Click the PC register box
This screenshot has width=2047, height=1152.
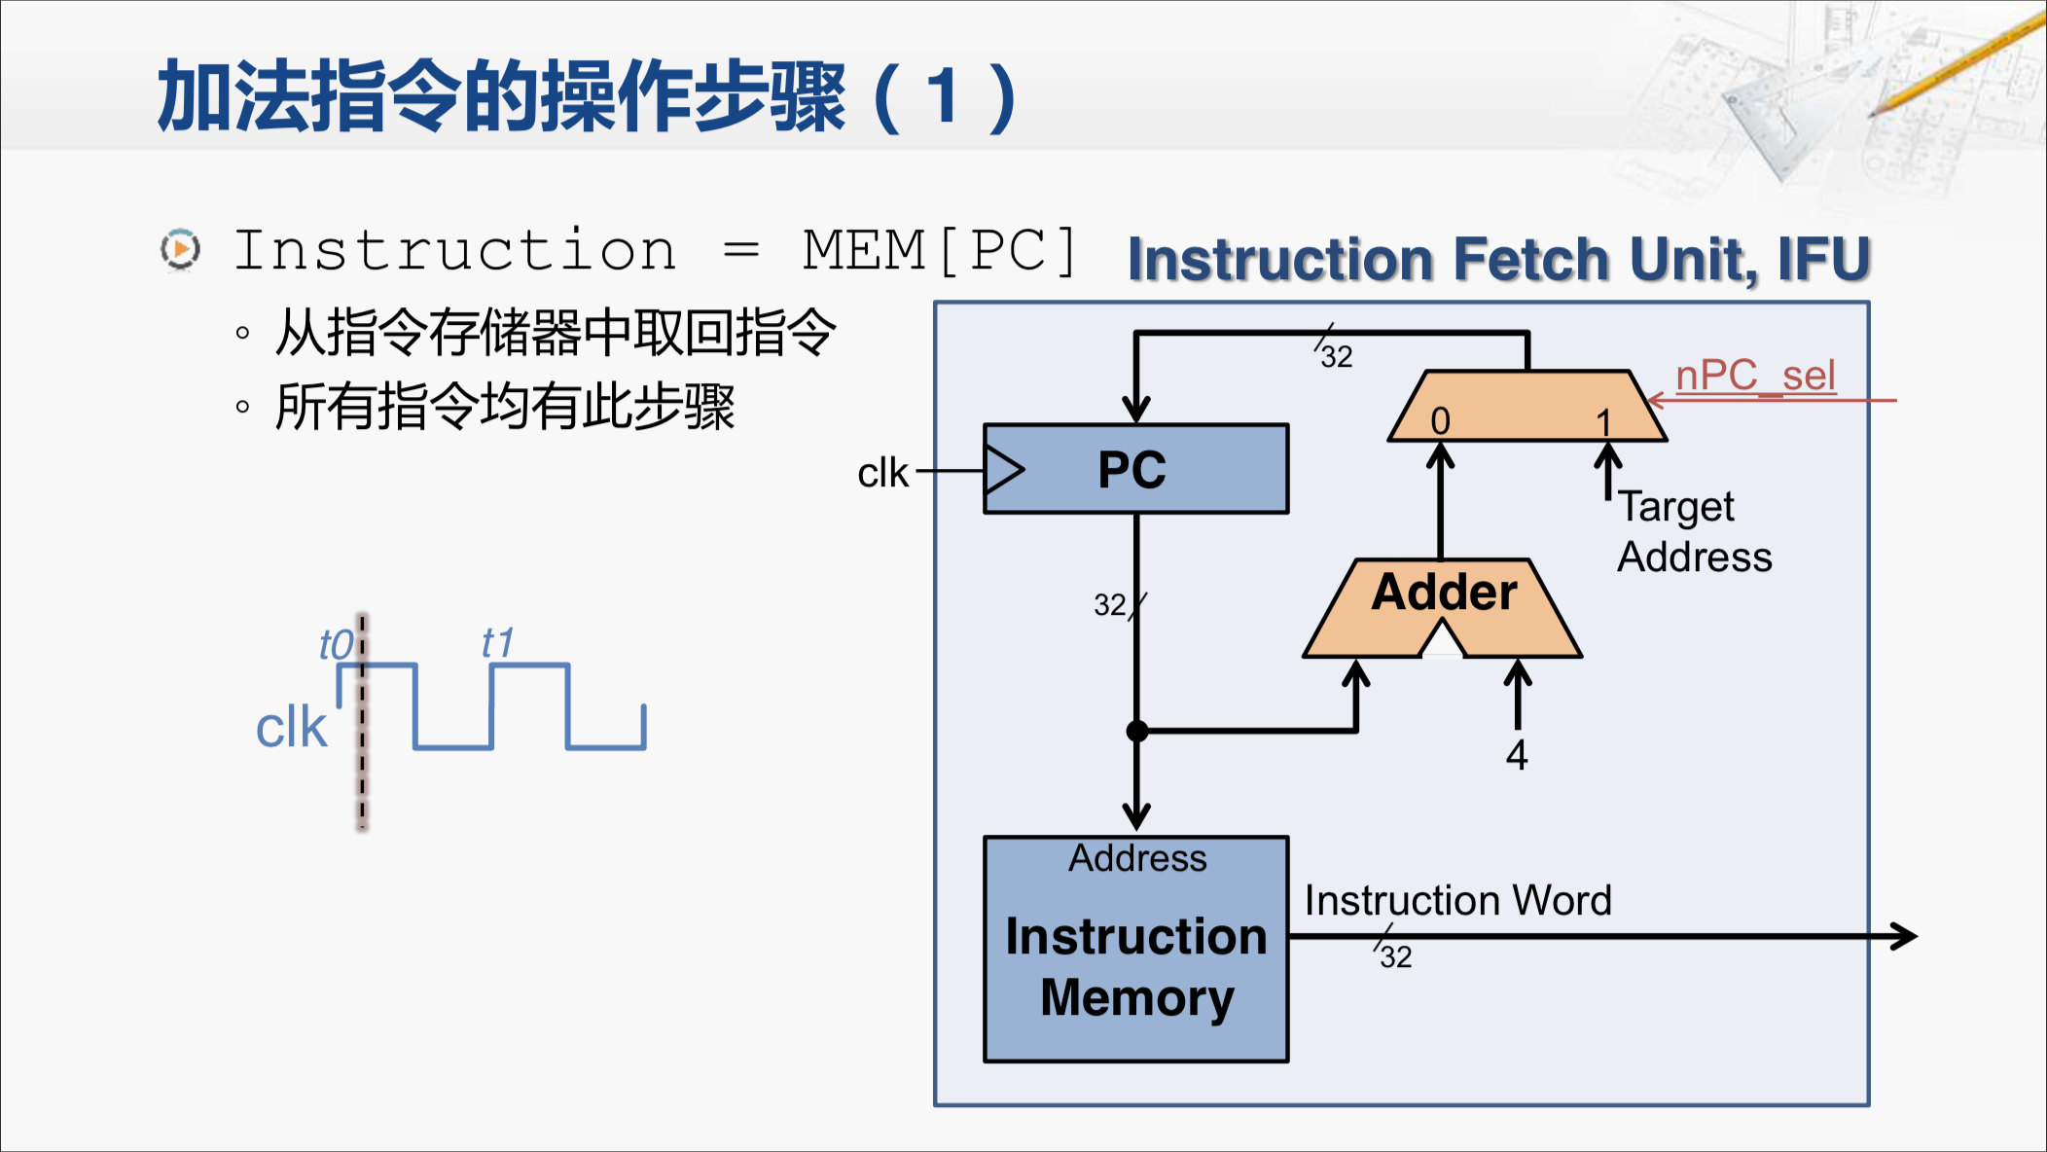[x=1135, y=469]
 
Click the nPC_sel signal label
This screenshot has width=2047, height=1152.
[x=1755, y=376]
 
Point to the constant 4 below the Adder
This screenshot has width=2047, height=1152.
[x=1517, y=755]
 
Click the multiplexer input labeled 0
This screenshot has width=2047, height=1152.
[x=1441, y=421]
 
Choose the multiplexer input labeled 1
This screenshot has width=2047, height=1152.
[x=1604, y=422]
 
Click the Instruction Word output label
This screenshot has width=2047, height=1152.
[x=1457, y=900]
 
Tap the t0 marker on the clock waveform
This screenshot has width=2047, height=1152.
[x=337, y=645]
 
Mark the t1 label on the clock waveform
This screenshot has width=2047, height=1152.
[x=497, y=643]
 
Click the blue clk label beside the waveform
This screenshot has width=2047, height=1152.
[x=291, y=728]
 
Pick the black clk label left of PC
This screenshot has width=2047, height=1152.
[x=882, y=473]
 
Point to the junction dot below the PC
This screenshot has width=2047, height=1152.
[x=1136, y=731]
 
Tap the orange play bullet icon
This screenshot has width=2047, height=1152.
[x=181, y=250]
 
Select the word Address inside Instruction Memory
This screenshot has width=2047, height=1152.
[x=1137, y=858]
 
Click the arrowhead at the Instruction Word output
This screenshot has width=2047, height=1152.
[x=1904, y=937]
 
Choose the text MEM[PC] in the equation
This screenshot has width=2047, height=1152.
[x=940, y=251]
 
